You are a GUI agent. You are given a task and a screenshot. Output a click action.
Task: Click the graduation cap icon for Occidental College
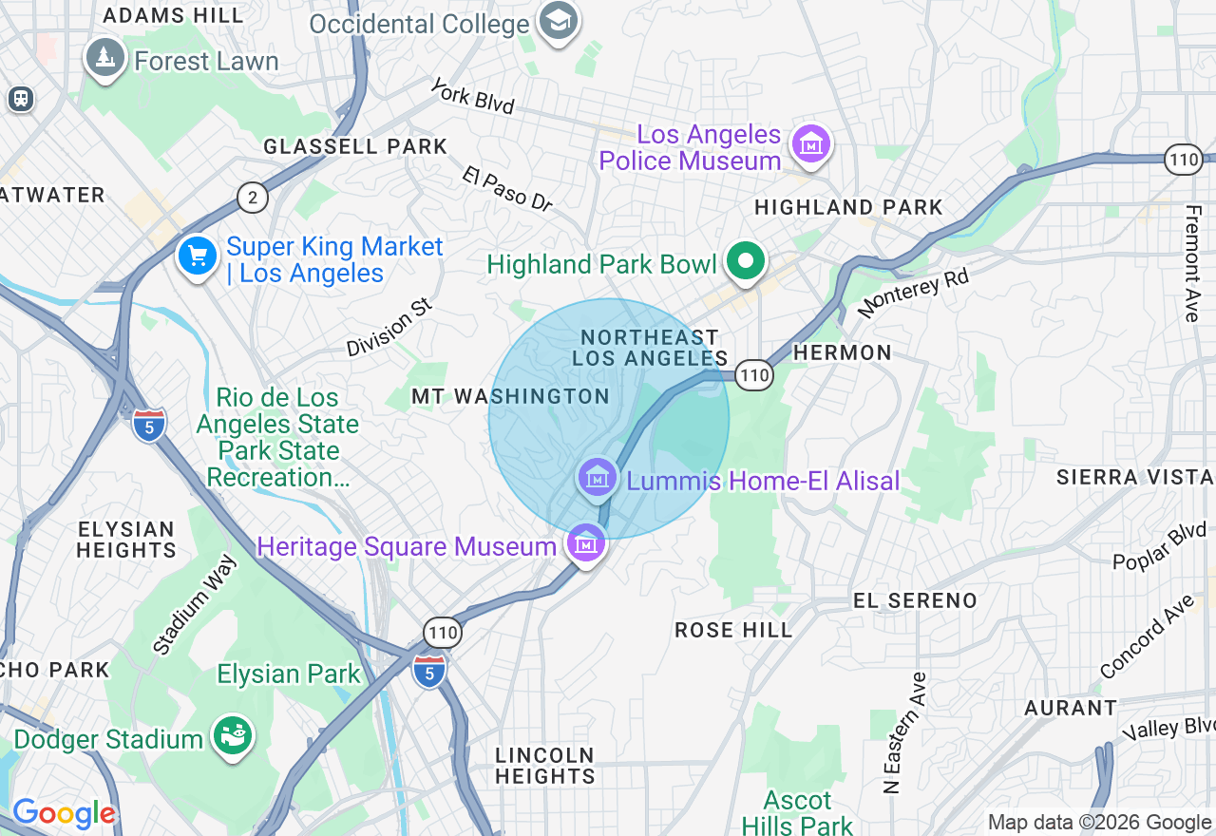(x=558, y=20)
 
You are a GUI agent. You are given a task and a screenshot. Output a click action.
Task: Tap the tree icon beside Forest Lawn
(x=105, y=59)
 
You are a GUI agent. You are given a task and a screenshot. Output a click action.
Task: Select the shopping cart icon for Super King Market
(x=198, y=256)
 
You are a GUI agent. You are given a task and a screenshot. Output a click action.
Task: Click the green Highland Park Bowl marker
(x=746, y=261)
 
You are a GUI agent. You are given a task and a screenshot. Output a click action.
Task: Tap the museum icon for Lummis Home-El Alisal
(x=598, y=478)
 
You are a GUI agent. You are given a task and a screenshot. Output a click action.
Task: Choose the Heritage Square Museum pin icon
(x=586, y=544)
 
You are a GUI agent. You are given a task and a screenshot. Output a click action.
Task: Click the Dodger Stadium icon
(x=231, y=736)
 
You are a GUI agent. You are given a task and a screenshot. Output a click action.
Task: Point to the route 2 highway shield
(x=253, y=198)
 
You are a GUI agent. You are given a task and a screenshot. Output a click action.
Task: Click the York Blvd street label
(x=472, y=97)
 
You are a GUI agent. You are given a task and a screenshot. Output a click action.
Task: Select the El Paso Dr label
(x=507, y=189)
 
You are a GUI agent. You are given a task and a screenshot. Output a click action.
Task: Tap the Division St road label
(x=389, y=329)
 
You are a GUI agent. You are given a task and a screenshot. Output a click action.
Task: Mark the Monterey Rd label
(x=913, y=293)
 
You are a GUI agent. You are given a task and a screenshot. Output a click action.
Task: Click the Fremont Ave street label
(x=1192, y=263)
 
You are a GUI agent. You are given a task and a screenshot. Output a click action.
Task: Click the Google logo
(x=64, y=814)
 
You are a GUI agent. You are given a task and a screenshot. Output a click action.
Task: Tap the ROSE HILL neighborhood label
(x=732, y=630)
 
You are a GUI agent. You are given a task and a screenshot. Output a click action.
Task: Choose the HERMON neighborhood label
(x=842, y=352)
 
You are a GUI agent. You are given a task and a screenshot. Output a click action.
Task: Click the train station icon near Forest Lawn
(x=20, y=98)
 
